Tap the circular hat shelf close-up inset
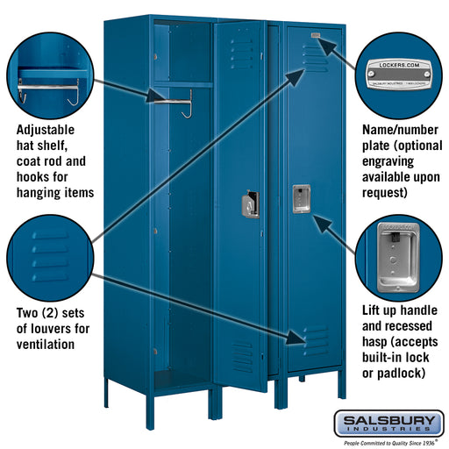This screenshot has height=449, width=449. click(48, 70)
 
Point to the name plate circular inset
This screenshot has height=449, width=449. click(400, 70)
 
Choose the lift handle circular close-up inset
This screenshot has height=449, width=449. click(400, 249)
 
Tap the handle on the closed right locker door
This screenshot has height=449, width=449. click(300, 198)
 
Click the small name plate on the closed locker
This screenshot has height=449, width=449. click(315, 37)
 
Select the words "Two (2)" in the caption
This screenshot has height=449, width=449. click(35, 312)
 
